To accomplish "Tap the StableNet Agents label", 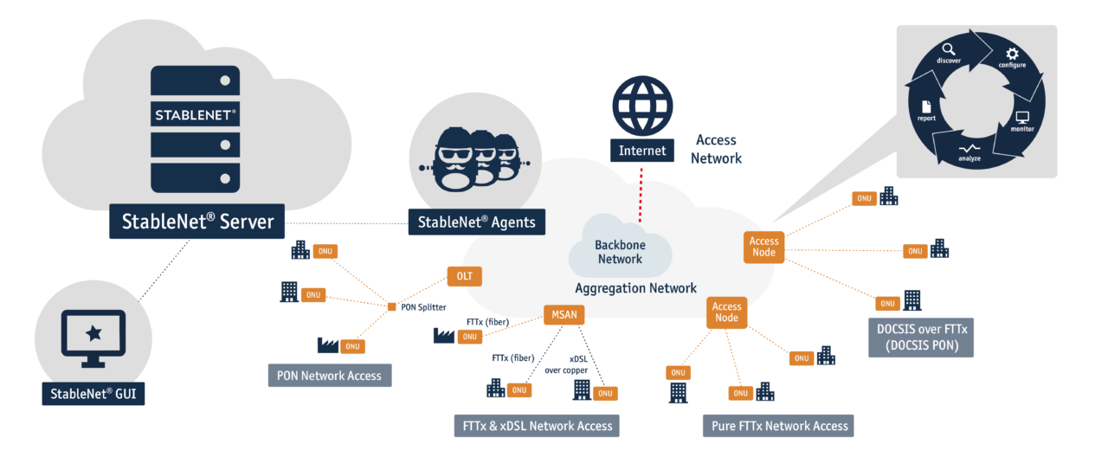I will click(476, 222).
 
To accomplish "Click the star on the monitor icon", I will click(93, 333).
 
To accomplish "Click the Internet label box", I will click(641, 151).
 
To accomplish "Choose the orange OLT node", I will click(463, 276).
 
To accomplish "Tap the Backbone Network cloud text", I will click(620, 252).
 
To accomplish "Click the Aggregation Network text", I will click(635, 288).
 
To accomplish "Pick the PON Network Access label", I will click(329, 376).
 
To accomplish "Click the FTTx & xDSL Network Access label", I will click(536, 426).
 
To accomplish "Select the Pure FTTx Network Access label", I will click(777, 426).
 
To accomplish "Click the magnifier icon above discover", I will click(949, 49).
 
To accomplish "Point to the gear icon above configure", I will click(1012, 54).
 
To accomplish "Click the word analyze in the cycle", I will click(969, 158).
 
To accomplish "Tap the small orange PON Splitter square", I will click(391, 306).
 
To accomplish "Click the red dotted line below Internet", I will click(641, 185).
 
